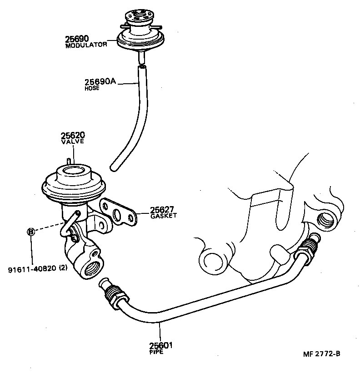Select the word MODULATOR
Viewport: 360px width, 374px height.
86,45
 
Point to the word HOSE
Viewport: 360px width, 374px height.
91,88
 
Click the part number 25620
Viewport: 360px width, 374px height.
73,136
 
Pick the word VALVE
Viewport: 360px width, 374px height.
73,142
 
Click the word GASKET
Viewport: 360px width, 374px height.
163,216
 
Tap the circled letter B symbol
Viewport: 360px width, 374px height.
31,232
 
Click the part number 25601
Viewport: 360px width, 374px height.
161,346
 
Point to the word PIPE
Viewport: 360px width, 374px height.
155,352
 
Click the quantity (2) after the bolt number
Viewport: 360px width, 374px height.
63,268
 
